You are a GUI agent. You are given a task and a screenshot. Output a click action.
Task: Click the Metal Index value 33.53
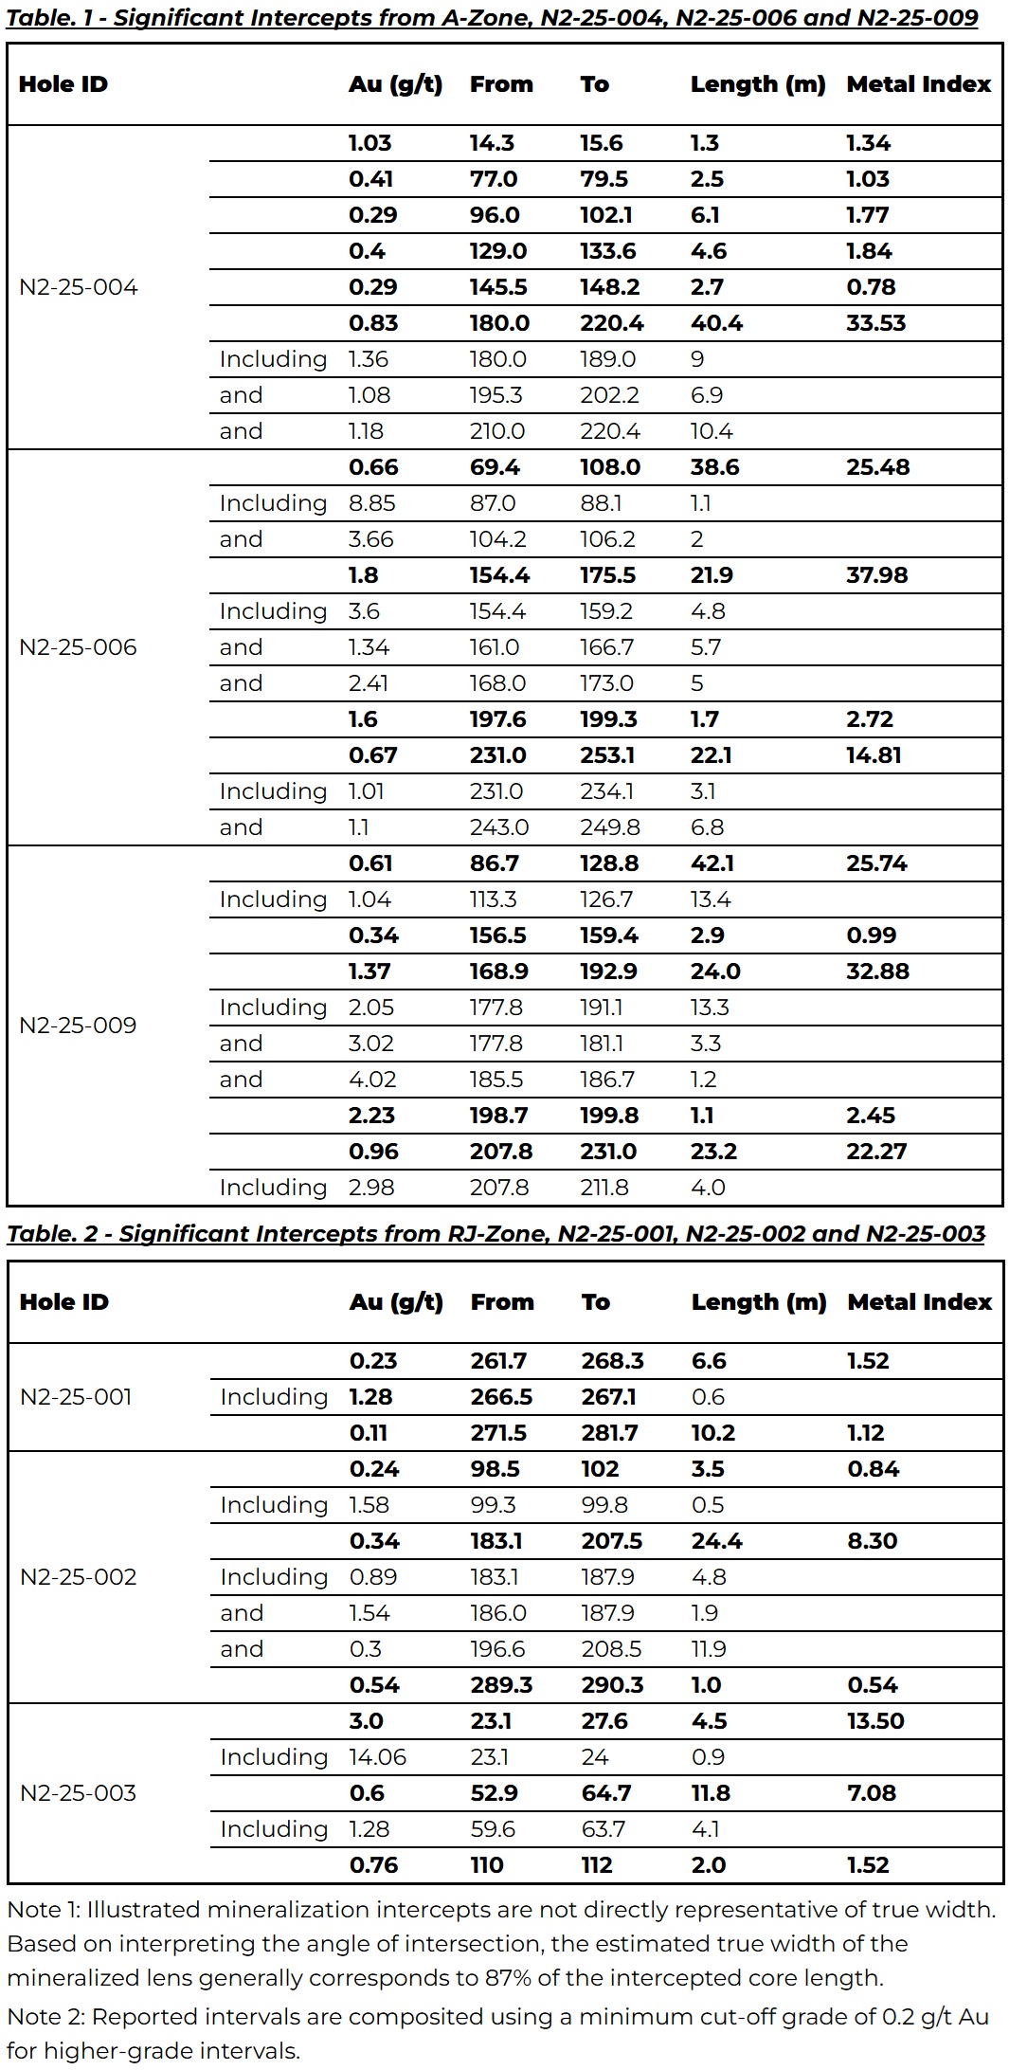[x=875, y=323]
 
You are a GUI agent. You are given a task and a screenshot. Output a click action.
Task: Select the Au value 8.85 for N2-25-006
[x=371, y=503]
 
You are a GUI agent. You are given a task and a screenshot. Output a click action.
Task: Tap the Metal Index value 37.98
[x=876, y=575]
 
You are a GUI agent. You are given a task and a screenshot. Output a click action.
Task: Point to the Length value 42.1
[x=716, y=863]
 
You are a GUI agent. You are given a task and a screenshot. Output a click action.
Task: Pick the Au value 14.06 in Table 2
[x=377, y=1757]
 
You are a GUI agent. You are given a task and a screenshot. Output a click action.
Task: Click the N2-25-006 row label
[x=78, y=647]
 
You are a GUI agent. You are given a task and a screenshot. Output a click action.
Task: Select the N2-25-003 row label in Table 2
[x=78, y=1793]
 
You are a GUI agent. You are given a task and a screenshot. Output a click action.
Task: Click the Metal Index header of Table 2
[x=919, y=1302]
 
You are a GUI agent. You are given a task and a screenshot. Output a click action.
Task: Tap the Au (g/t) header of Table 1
[x=395, y=84]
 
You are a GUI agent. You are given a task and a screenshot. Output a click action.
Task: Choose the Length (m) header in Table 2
[x=758, y=1302]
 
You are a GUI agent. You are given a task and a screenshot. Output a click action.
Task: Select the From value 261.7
[x=498, y=1361]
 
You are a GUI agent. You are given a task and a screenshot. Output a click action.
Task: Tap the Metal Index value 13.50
[x=875, y=1721]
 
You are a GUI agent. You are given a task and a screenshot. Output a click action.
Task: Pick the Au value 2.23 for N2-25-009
[x=371, y=1116]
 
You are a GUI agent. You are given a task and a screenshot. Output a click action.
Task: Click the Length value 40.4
[x=716, y=323]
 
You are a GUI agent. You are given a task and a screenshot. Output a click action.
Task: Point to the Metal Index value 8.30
[x=872, y=1541]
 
